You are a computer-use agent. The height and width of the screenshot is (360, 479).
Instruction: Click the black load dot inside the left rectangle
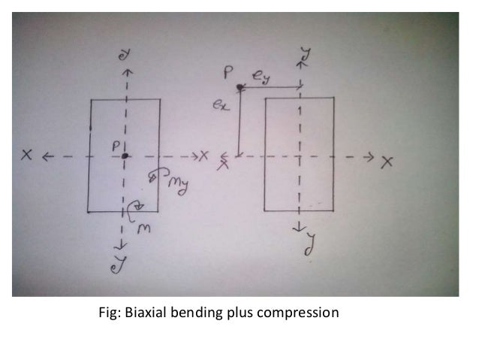tap(125, 156)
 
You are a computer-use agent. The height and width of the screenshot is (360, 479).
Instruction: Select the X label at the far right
tap(387, 161)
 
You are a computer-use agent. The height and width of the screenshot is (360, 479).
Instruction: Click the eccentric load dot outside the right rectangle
tap(239, 88)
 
